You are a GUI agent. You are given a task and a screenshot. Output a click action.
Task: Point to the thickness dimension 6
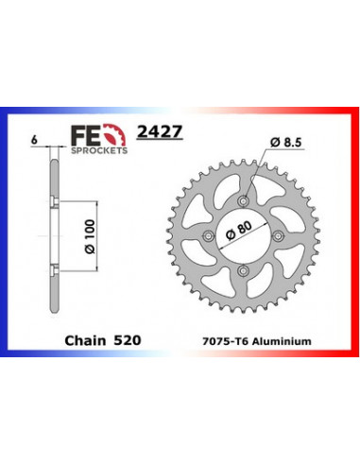[35, 139]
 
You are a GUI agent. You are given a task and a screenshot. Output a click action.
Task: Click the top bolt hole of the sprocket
[245, 200]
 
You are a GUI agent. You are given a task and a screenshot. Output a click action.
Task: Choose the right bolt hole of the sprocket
[281, 236]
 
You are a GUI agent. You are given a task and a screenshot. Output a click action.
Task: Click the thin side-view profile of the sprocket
[55, 236]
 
